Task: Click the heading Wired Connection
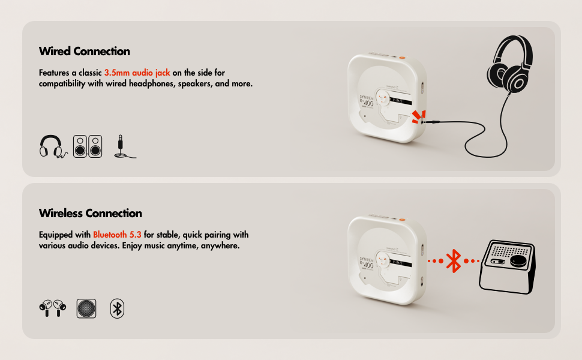[x=84, y=51]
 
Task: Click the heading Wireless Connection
[x=90, y=213]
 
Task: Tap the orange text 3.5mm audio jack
[x=137, y=73]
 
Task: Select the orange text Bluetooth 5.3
[x=117, y=235]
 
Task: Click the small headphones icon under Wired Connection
[x=51, y=146]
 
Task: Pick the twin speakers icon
[x=88, y=146]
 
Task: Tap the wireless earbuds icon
[x=51, y=308]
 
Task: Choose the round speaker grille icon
[x=86, y=308]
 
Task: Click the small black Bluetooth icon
[x=118, y=308]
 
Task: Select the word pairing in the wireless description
[x=219, y=235]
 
